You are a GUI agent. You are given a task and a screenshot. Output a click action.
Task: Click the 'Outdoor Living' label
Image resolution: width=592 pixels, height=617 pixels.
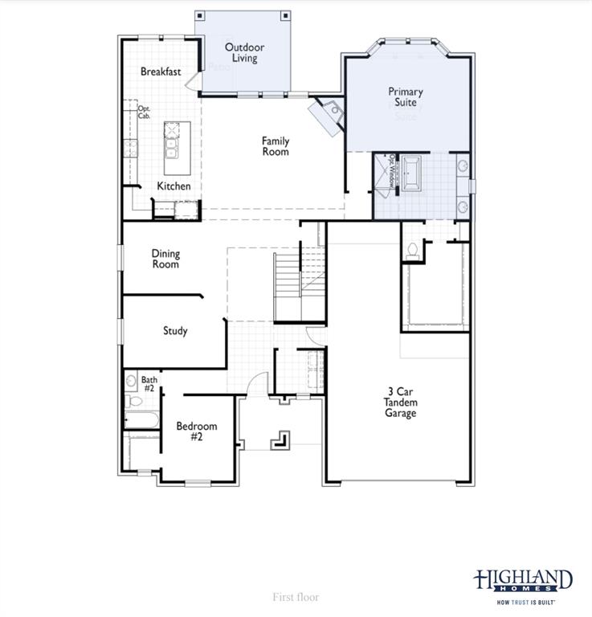click(244, 53)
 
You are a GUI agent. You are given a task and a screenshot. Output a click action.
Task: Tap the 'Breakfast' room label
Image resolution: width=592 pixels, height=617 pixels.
click(161, 72)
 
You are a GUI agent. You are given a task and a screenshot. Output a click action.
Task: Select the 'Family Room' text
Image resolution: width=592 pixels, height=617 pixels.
click(276, 146)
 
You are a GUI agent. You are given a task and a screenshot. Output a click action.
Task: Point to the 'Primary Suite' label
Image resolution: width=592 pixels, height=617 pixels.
click(406, 97)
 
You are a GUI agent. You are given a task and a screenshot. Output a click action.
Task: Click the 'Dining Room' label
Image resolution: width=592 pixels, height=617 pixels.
click(165, 259)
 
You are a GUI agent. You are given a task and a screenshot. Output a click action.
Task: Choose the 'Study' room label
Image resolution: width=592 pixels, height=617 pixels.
click(175, 330)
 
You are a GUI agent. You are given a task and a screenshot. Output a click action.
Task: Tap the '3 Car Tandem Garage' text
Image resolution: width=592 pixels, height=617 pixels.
click(400, 402)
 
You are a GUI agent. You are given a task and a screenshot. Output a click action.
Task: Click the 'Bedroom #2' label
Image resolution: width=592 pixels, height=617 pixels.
click(196, 431)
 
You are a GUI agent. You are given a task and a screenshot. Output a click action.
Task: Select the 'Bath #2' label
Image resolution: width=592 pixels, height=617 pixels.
click(149, 384)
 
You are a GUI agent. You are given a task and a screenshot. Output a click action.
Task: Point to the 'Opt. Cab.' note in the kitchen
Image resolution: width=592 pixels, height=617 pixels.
click(145, 112)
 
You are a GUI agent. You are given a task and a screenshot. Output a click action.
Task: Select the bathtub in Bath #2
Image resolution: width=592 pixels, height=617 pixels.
click(141, 419)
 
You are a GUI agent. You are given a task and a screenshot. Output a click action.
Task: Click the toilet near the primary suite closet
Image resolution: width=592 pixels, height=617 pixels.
click(413, 250)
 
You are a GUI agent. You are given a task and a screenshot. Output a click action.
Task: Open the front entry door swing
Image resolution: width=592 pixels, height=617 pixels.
click(256, 385)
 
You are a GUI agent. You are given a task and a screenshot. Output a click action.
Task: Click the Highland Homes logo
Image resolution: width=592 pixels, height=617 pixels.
click(523, 585)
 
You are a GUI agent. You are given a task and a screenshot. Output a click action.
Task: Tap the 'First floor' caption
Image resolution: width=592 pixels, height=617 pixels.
click(296, 597)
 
